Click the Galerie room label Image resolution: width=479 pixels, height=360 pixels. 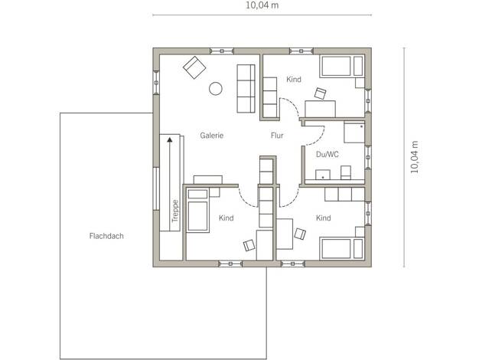pyautogui.click(x=212, y=135)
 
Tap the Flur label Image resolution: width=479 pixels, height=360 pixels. pyautogui.click(x=277, y=135)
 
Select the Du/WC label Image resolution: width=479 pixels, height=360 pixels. pyautogui.click(x=327, y=155)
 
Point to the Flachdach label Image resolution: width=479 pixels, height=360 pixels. pyautogui.click(x=106, y=236)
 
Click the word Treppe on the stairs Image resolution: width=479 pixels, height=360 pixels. pyautogui.click(x=175, y=211)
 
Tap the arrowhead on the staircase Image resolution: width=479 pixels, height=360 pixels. pyautogui.click(x=170, y=139)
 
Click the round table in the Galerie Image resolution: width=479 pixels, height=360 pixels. pyautogui.click(x=216, y=89)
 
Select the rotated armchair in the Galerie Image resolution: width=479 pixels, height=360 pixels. pyautogui.click(x=194, y=67)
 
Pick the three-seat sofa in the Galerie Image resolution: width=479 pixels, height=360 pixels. pyautogui.click(x=246, y=89)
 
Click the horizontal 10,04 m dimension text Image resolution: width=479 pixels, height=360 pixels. pyautogui.click(x=262, y=5)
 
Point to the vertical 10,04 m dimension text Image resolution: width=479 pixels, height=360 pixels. pyautogui.click(x=414, y=157)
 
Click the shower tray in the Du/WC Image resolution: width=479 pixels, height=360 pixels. pyautogui.click(x=354, y=133)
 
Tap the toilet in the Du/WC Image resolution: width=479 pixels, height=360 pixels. pyautogui.click(x=346, y=172)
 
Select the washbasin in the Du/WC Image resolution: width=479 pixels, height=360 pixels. pyautogui.click(x=323, y=175)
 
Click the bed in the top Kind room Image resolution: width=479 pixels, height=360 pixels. pyautogui.click(x=341, y=66)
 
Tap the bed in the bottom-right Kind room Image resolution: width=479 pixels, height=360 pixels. pyautogui.click(x=342, y=248)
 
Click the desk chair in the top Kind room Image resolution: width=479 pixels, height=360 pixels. pyautogui.click(x=320, y=93)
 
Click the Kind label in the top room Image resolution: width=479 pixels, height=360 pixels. pyautogui.click(x=294, y=79)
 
